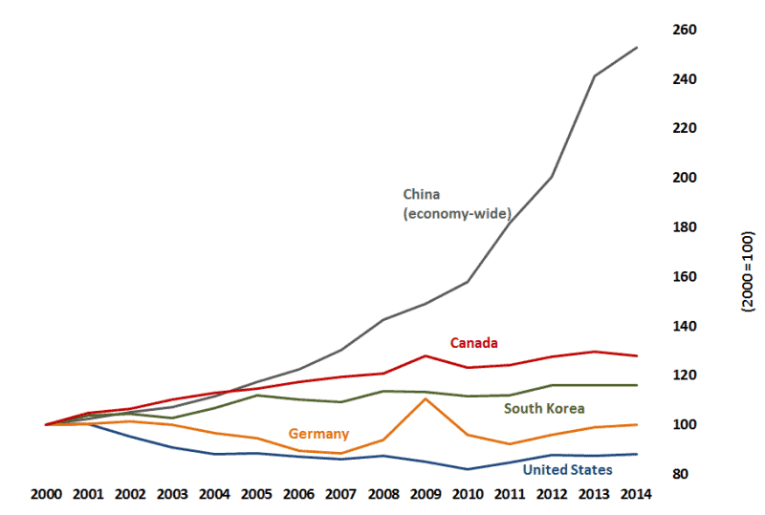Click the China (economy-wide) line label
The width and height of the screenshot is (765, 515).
click(x=457, y=203)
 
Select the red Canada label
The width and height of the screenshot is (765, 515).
click(x=474, y=342)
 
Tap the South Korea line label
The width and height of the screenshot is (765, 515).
click(x=545, y=408)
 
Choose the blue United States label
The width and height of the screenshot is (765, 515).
click(x=567, y=469)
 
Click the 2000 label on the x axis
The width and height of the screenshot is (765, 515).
click(x=46, y=494)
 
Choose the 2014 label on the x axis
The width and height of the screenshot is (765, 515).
click(x=637, y=494)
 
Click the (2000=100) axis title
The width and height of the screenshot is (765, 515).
click(x=748, y=270)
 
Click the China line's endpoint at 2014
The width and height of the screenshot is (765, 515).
click(x=638, y=47)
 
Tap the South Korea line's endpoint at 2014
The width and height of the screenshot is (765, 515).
click(x=638, y=385)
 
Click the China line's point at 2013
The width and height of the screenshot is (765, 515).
click(x=596, y=75)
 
